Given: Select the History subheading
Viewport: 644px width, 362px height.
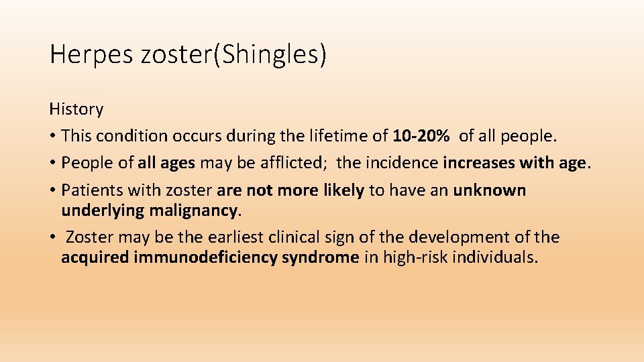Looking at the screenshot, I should tap(76, 109).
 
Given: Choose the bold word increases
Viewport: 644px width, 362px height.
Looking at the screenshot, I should tap(478, 163).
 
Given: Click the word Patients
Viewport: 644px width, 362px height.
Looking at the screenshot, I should tap(89, 190).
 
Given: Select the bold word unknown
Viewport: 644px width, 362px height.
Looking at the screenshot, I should tap(490, 190).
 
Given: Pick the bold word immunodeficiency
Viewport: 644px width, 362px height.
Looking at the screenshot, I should tap(205, 258).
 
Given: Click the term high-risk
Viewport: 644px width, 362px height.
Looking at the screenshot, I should tap(415, 258).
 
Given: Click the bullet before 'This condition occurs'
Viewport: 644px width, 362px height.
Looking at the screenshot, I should tap(53, 136).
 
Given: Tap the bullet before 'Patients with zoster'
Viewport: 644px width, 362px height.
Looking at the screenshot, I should tap(53, 190).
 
